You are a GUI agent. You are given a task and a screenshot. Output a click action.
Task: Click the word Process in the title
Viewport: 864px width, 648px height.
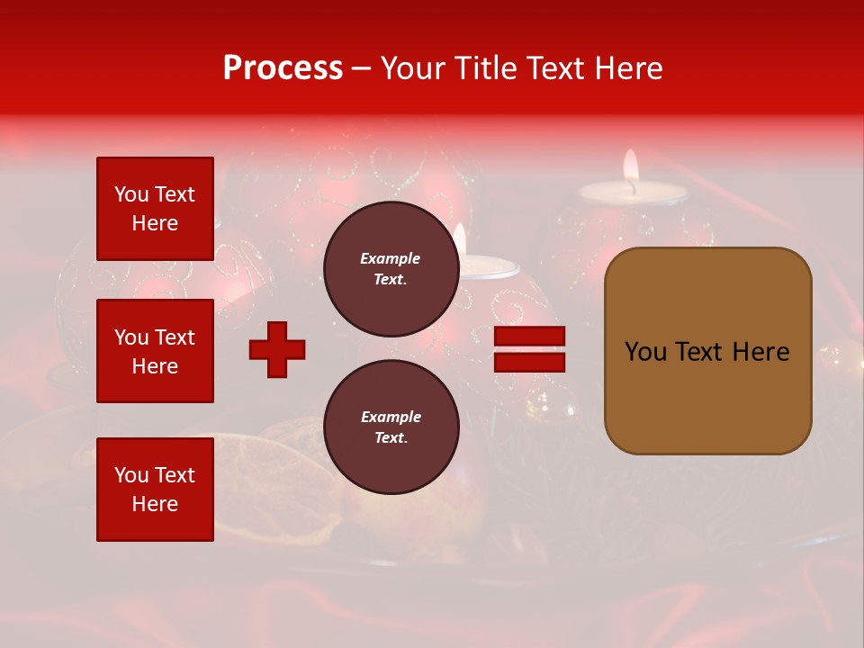point(283,68)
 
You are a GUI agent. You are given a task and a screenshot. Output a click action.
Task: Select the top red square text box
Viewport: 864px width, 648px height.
point(155,209)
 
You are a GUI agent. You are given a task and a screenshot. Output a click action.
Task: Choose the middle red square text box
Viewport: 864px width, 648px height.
point(155,351)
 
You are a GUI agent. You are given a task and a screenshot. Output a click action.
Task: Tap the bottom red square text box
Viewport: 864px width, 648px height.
point(155,490)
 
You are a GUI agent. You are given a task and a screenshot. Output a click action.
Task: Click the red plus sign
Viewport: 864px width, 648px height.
point(277,349)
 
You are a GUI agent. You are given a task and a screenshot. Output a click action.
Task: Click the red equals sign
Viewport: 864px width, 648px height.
point(529,349)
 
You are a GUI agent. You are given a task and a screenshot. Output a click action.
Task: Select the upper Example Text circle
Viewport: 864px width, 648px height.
point(391,269)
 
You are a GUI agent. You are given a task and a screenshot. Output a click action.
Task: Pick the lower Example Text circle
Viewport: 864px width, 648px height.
point(391,427)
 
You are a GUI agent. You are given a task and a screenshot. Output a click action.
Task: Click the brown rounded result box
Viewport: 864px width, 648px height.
point(707,351)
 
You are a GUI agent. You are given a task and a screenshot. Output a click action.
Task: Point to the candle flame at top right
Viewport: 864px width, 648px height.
point(631,166)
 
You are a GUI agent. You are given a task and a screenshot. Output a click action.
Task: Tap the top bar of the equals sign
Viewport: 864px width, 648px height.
point(529,337)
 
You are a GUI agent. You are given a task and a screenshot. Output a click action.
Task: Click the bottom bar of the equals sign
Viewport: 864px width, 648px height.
point(529,362)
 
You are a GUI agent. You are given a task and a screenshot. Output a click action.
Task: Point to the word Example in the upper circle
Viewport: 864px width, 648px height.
point(391,259)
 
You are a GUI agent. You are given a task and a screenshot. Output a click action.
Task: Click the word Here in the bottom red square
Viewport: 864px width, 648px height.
point(155,504)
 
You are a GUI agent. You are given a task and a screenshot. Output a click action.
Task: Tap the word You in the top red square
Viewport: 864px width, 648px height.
point(130,194)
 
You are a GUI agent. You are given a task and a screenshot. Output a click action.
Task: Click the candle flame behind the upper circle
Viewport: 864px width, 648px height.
point(460,239)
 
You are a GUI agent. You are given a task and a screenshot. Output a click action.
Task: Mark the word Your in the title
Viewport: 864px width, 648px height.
point(413,68)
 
